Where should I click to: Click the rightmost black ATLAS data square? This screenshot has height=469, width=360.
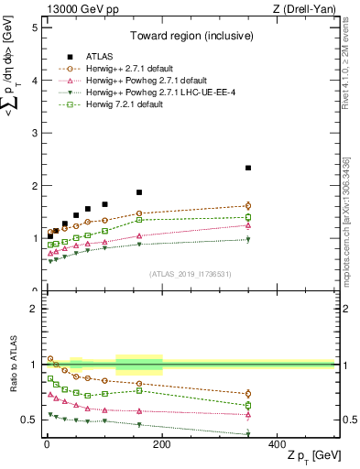click(x=248, y=168)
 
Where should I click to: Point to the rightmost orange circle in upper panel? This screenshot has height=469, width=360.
click(x=248, y=206)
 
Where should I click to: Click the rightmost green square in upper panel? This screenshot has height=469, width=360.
click(x=248, y=217)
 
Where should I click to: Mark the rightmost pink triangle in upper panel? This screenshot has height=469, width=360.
click(x=248, y=225)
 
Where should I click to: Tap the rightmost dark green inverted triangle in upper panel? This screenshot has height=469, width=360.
click(x=248, y=240)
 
